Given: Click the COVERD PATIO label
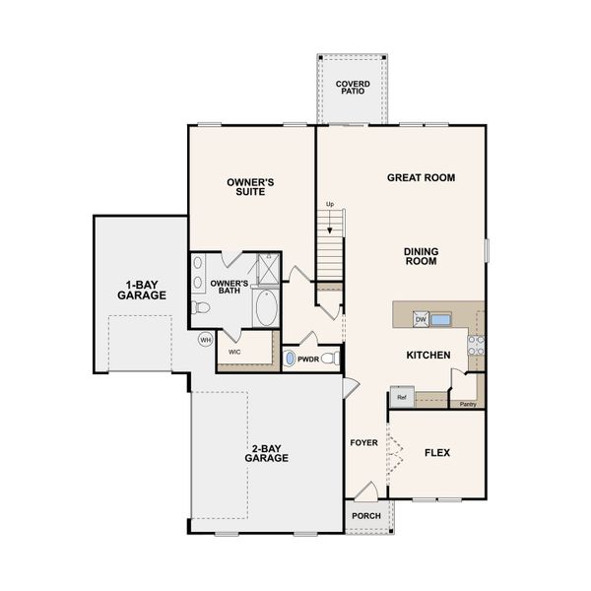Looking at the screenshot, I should click(351, 88).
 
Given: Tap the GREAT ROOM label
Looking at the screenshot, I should click(420, 178).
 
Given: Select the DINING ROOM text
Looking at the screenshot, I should click(421, 256).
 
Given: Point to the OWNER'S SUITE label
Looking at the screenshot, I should click(249, 187).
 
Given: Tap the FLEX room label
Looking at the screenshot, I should click(437, 454).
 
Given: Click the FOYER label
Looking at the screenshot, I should click(363, 442).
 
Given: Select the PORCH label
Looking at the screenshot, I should click(365, 516).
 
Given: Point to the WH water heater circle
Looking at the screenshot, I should click(206, 340).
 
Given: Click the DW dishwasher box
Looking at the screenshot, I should click(420, 319).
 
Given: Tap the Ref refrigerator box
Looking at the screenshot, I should click(401, 398).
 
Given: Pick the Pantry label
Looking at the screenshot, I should click(468, 404).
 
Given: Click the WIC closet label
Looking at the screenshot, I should click(234, 351).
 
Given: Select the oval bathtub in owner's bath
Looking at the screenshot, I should click(266, 310).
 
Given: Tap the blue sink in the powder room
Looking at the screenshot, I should click(290, 360).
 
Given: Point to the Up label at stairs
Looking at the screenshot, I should click(330, 204).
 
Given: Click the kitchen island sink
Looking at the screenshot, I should click(440, 318).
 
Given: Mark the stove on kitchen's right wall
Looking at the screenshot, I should click(476, 344).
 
